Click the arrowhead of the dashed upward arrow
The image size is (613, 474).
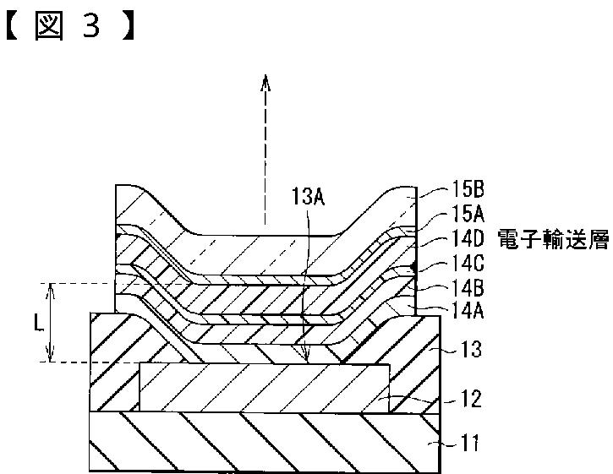[x=265, y=82]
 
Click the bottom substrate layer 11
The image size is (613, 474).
[x=254, y=440]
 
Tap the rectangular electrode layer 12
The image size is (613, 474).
[x=254, y=389]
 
